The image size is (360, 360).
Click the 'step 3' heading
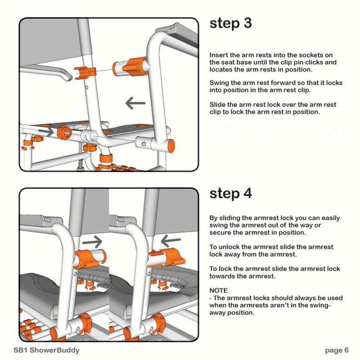pyautogui.click(x=230, y=24)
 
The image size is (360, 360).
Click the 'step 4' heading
pyautogui.click(x=230, y=194)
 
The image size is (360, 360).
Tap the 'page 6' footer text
pyautogui.click(x=336, y=350)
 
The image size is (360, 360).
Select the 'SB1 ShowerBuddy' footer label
pyautogui.click(x=46, y=350)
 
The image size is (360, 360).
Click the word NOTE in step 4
pyautogui.click(x=218, y=291)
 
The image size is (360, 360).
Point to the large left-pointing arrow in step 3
pyautogui.click(x=135, y=103)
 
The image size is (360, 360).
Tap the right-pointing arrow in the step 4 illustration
pyautogui.click(x=92, y=242)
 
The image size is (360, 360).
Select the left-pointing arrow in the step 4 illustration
pyautogui.click(x=171, y=241)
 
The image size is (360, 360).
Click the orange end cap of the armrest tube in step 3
pyautogui.click(x=171, y=146)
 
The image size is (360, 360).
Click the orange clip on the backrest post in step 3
pyautogui.click(x=85, y=72)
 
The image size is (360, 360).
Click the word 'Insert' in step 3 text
pyautogui.click(x=219, y=55)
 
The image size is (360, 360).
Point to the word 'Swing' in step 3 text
pyautogui.click(x=219, y=83)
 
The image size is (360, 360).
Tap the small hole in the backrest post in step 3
pyautogui.click(x=86, y=87)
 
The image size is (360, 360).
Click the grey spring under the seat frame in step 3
pyautogui.click(x=80, y=165)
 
